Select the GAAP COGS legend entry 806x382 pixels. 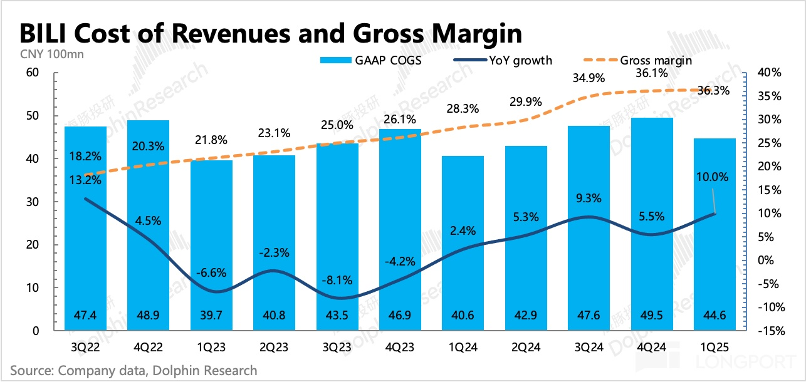point(370,61)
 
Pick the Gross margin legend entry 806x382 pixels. point(651,61)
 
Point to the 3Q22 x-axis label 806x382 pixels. point(85,346)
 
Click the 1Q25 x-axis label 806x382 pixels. point(714,346)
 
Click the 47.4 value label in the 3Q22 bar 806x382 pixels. point(85,316)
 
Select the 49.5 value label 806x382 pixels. point(652,316)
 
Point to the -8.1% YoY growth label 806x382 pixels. point(337,280)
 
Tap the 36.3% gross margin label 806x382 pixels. point(713,91)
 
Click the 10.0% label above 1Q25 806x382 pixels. point(713,177)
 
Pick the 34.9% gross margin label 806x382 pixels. point(589,78)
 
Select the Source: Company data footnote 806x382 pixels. point(133,370)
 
